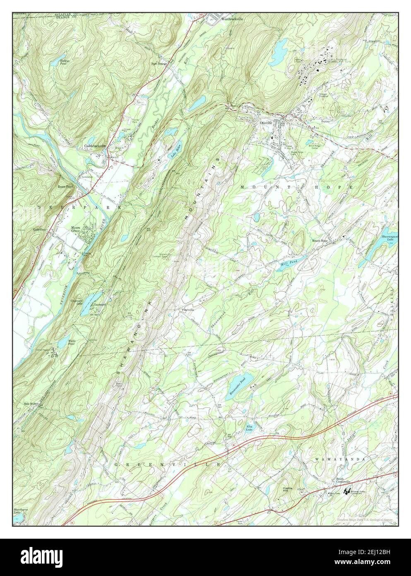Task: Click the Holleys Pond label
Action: click(x=59, y=61)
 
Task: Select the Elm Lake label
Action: click(x=250, y=428)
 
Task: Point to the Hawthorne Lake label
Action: click(x=19, y=512)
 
